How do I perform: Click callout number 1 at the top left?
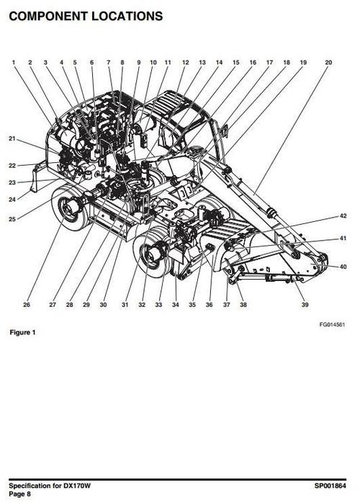(x=14, y=62)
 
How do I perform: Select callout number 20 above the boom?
(x=328, y=62)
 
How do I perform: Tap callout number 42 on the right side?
(x=343, y=216)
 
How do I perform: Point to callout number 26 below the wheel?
(x=27, y=304)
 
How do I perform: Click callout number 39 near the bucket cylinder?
(x=305, y=304)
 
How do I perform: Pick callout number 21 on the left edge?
(x=12, y=138)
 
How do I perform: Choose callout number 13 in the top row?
(x=202, y=62)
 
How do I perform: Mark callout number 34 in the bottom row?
(x=176, y=304)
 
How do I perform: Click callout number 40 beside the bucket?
(x=343, y=267)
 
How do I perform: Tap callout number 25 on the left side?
(x=12, y=219)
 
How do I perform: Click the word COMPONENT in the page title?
(x=48, y=16)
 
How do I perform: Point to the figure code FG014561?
(x=332, y=324)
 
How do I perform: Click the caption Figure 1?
(x=22, y=332)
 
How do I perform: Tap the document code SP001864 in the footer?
(x=330, y=486)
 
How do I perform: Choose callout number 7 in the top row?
(x=108, y=62)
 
